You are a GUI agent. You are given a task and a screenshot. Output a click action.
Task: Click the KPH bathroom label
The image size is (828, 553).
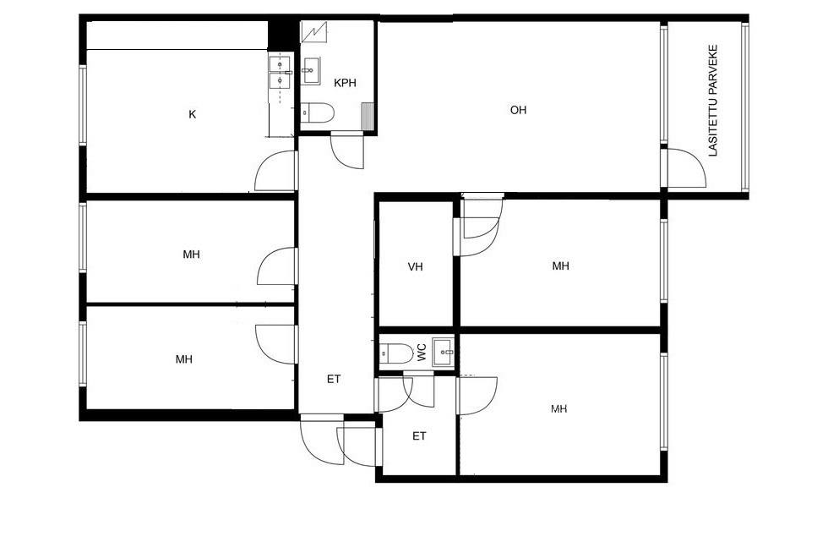[x=345, y=83]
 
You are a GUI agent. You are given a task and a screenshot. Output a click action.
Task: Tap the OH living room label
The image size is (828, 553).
[x=518, y=110]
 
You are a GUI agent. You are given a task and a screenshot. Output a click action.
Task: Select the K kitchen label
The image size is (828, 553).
[x=193, y=114]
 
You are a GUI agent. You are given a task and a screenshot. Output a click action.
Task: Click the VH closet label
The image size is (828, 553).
[x=415, y=267]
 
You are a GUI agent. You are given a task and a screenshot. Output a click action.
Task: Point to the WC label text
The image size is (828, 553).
[x=422, y=353]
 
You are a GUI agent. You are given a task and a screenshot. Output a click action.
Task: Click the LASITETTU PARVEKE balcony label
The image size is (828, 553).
[x=713, y=101]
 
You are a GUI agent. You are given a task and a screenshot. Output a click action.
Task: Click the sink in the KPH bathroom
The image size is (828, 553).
[x=310, y=71]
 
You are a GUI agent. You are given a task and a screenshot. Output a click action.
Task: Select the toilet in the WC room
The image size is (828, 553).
[x=396, y=353]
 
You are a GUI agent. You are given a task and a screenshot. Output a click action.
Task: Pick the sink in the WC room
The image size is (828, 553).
[x=443, y=353]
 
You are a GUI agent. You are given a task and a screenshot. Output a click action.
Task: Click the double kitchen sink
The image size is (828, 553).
[x=280, y=73]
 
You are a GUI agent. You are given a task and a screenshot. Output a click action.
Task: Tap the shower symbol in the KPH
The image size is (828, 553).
[x=314, y=32]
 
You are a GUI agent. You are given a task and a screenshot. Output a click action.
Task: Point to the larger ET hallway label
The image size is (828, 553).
[x=334, y=379]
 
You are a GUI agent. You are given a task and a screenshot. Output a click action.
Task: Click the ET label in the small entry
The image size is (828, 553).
[x=419, y=436]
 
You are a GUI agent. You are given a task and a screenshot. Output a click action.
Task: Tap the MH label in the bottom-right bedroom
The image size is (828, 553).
[x=559, y=408]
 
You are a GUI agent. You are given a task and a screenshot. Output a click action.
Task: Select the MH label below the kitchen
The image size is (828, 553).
[x=191, y=255]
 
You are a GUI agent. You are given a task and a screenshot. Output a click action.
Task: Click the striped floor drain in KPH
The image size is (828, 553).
[x=367, y=116]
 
